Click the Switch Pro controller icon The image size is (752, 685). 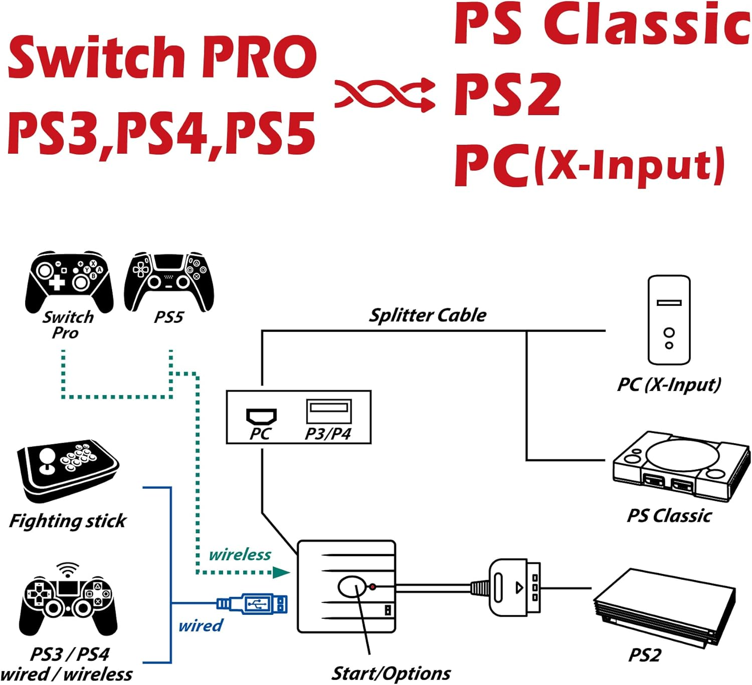point(69,280)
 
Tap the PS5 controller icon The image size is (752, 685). point(169,280)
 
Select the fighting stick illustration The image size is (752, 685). point(68,471)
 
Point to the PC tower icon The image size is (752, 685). point(669,320)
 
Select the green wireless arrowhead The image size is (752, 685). point(282,572)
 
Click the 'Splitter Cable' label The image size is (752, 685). point(428,315)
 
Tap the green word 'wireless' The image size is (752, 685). point(240,555)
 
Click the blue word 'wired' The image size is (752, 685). point(201,625)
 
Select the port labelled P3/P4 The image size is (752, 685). point(329,412)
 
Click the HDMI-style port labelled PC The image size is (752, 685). point(261,416)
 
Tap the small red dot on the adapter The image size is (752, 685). point(372,586)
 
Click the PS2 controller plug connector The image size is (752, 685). point(514,587)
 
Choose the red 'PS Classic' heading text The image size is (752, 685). point(602,24)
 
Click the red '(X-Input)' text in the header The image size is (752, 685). point(629,165)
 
